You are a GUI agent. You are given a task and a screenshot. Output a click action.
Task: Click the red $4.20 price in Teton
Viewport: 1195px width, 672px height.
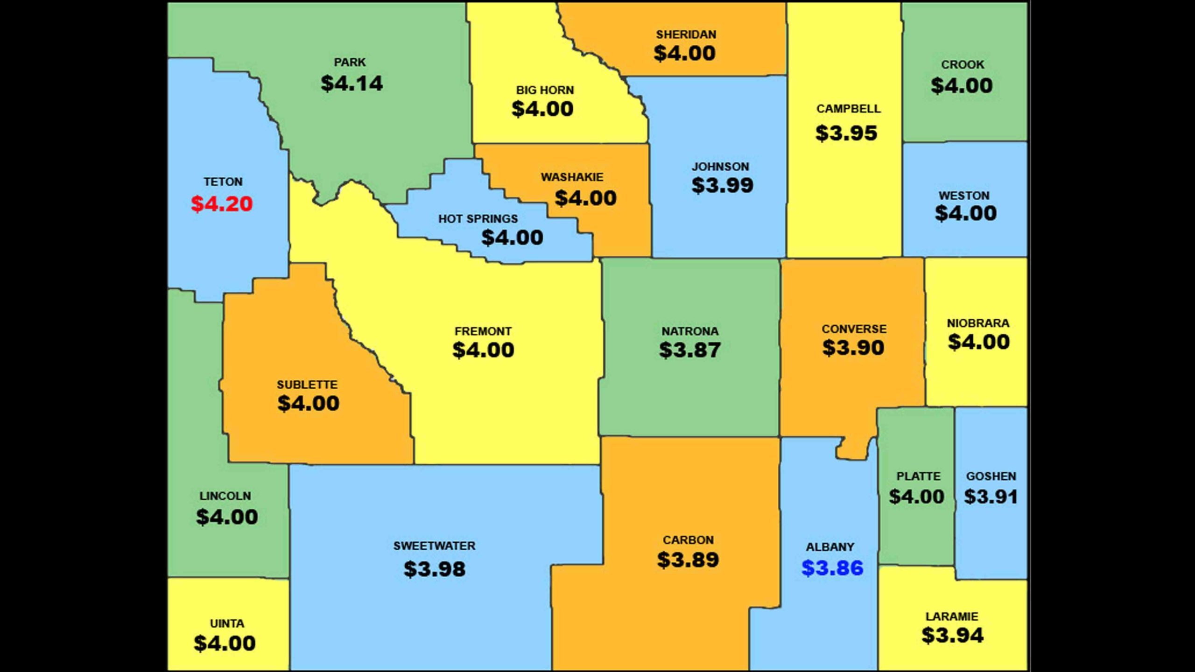222,204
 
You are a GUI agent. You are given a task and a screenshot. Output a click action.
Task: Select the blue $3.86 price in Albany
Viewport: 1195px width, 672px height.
832,568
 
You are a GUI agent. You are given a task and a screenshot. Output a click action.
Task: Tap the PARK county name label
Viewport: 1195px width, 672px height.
350,62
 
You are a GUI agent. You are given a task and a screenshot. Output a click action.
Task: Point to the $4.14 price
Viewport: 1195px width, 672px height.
351,84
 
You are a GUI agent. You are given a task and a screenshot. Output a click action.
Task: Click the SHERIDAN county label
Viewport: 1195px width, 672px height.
686,34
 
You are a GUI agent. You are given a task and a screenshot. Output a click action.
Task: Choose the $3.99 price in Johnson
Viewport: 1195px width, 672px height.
722,185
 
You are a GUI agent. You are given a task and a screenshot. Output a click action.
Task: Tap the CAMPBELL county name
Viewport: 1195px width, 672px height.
848,109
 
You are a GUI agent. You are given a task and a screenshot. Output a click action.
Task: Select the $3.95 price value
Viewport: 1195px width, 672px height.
846,133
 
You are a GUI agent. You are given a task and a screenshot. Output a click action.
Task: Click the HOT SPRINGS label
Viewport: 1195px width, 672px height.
478,218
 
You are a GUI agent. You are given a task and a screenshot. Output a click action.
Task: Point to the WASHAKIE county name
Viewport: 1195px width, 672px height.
572,177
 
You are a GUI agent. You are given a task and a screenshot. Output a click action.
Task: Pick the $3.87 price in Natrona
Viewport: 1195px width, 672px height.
689,350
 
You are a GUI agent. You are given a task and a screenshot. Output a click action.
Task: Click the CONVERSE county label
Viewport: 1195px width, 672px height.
854,329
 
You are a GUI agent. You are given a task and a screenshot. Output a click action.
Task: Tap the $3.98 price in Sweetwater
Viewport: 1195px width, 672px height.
434,569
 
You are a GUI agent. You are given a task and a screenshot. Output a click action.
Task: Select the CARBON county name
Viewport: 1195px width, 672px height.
688,540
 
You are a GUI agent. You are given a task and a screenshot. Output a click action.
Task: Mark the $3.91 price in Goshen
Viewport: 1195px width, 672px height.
991,497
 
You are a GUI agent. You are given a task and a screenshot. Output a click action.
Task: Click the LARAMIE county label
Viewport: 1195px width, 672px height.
951,616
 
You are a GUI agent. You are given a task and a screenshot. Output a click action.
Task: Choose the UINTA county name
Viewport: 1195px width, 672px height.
227,623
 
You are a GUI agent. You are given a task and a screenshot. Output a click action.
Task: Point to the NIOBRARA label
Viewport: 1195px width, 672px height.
978,323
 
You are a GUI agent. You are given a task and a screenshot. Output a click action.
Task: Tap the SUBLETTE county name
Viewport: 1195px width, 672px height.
307,385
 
